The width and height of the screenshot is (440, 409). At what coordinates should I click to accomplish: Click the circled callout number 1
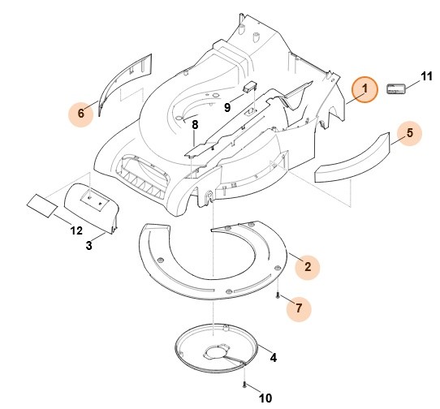(365, 89)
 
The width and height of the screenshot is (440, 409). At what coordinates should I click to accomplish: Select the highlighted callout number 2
(307, 266)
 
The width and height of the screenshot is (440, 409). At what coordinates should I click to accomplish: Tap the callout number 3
(89, 244)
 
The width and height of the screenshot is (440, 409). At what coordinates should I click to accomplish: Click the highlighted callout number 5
(410, 132)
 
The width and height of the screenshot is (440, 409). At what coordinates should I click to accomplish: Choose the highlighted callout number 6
(80, 114)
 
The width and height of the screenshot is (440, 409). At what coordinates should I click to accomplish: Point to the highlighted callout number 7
(298, 308)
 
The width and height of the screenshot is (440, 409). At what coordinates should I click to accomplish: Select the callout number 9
(228, 106)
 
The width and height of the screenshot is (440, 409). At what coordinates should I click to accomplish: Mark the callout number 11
(426, 78)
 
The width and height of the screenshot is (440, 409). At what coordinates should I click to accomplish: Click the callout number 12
(76, 231)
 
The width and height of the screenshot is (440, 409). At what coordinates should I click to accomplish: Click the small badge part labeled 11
(395, 89)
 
